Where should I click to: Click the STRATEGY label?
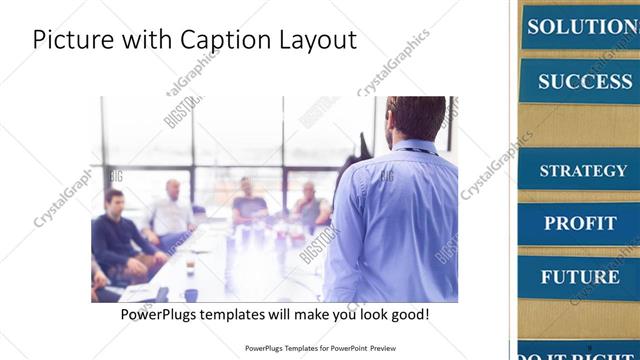pyautogui.click(x=583, y=170)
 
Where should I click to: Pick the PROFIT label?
pyautogui.click(x=580, y=222)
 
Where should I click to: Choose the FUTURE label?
pyautogui.click(x=580, y=276)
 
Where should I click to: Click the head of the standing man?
pyautogui.click(x=415, y=118)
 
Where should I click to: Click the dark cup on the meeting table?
pyautogui.click(x=191, y=294)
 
